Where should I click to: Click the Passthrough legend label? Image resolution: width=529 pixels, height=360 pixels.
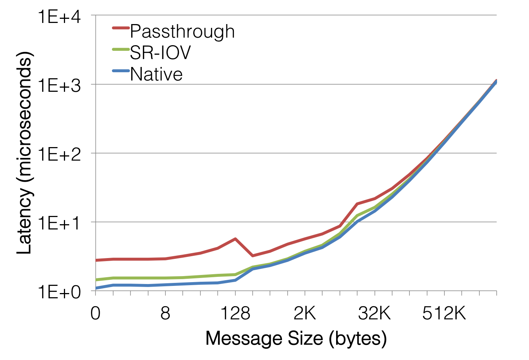pyautogui.click(x=182, y=31)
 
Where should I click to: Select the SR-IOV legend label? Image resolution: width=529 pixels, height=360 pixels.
pyautogui.click(x=161, y=53)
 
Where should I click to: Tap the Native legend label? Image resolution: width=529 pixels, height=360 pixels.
pyautogui.click(x=156, y=74)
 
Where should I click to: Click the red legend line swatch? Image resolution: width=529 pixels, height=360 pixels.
pyautogui.click(x=121, y=27)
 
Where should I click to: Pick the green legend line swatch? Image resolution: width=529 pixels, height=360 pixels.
pyautogui.click(x=121, y=49)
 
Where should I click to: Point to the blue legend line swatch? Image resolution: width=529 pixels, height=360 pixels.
pyautogui.click(x=121, y=70)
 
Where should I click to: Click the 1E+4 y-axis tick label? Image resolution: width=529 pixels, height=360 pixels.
pyautogui.click(x=60, y=17)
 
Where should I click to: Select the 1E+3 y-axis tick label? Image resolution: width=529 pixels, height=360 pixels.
pyautogui.click(x=60, y=86)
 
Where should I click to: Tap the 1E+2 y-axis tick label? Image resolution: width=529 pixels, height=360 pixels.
pyautogui.click(x=60, y=155)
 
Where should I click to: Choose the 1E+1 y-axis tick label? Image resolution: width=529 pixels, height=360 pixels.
pyautogui.click(x=60, y=223)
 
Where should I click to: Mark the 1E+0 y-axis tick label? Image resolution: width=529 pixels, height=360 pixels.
pyautogui.click(x=60, y=292)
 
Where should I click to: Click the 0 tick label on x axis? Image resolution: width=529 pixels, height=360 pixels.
pyautogui.click(x=95, y=313)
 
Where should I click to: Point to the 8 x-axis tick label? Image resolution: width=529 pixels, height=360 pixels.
pyautogui.click(x=165, y=313)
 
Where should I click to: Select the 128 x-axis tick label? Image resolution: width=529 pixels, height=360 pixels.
pyautogui.click(x=235, y=313)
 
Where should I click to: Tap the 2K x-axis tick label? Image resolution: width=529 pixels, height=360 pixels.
pyautogui.click(x=305, y=313)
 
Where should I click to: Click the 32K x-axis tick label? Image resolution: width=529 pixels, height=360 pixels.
pyautogui.click(x=375, y=313)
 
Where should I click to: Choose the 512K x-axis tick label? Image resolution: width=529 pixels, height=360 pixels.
pyautogui.click(x=444, y=313)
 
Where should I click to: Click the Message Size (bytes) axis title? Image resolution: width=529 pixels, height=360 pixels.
pyautogui.click(x=296, y=339)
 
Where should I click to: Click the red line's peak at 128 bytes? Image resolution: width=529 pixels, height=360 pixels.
pyautogui.click(x=235, y=239)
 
